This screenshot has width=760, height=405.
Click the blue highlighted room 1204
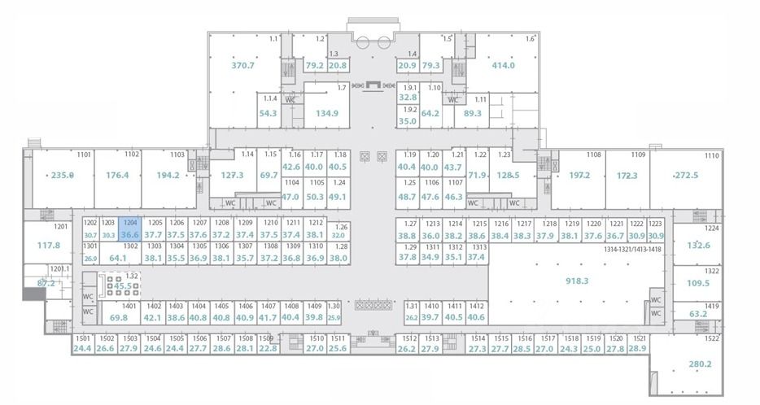[129, 229]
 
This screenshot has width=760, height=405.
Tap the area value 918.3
[576, 281]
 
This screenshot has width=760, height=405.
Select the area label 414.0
[503, 66]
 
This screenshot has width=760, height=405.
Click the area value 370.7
[242, 66]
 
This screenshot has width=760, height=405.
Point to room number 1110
[712, 155]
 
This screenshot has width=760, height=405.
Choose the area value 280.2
[701, 364]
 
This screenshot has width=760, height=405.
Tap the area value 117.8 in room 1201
[49, 245]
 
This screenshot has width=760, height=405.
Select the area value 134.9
[326, 113]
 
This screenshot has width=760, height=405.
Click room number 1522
[712, 338]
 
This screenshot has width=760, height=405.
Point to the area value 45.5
[123, 286]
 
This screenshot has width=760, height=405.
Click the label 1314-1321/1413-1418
[632, 250]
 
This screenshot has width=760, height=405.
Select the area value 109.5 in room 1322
[698, 283]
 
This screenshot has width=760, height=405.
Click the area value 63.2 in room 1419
[698, 313]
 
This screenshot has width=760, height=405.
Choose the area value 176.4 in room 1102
[117, 175]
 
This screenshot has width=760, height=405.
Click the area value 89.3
[472, 113]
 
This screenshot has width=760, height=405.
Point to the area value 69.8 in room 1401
[119, 318]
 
